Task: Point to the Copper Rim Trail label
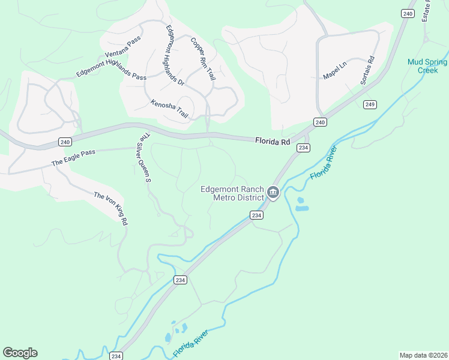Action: pos(203,59)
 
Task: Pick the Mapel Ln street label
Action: pos(335,70)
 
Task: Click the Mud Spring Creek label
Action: pos(427,66)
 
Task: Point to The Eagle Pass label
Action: pos(73,157)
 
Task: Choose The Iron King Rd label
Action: pos(111,208)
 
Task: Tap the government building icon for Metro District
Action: pos(273,193)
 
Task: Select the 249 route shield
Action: pos(370,104)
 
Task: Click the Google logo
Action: pos(20,353)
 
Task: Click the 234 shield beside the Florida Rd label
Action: pos(304,148)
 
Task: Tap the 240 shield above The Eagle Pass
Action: pos(64,142)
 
